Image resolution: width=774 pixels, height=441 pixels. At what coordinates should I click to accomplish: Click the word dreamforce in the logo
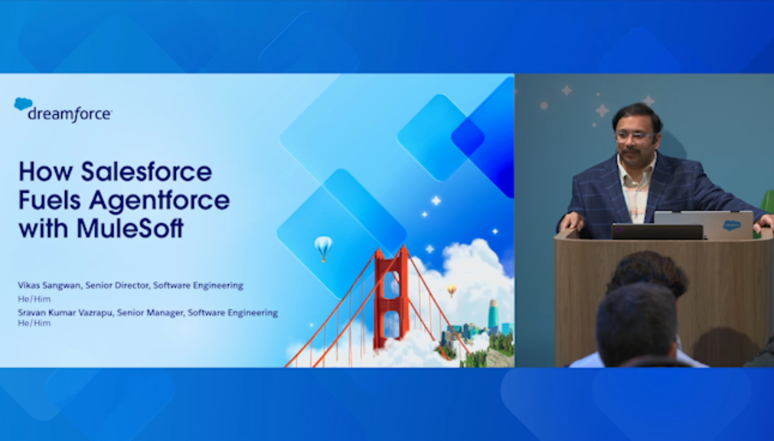pos(70,114)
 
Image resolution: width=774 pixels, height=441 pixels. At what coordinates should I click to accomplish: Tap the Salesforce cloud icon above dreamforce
pos(23,103)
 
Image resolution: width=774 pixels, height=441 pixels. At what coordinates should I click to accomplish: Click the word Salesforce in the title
pos(146,171)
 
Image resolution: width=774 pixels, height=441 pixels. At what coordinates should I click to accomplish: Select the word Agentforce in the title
pos(159,200)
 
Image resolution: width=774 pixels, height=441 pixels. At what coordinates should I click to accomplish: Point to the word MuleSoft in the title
pos(130,229)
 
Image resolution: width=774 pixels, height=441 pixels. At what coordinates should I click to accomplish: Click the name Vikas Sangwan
pos(49,286)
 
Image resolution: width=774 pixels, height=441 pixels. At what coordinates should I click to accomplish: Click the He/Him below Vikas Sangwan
pos(34,299)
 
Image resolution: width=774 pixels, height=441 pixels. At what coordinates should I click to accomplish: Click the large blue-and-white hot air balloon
pos(323,248)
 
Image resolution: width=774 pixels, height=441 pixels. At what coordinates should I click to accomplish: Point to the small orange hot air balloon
pos(452,291)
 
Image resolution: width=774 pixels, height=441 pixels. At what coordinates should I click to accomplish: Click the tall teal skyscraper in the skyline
pos(493,315)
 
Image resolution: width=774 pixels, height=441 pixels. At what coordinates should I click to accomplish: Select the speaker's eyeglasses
pos(635,137)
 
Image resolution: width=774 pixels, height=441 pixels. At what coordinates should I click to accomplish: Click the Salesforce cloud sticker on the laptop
pos(731,225)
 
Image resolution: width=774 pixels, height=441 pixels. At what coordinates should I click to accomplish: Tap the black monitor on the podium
pos(657,232)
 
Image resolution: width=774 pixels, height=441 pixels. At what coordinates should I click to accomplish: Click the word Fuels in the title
pos(50,200)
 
